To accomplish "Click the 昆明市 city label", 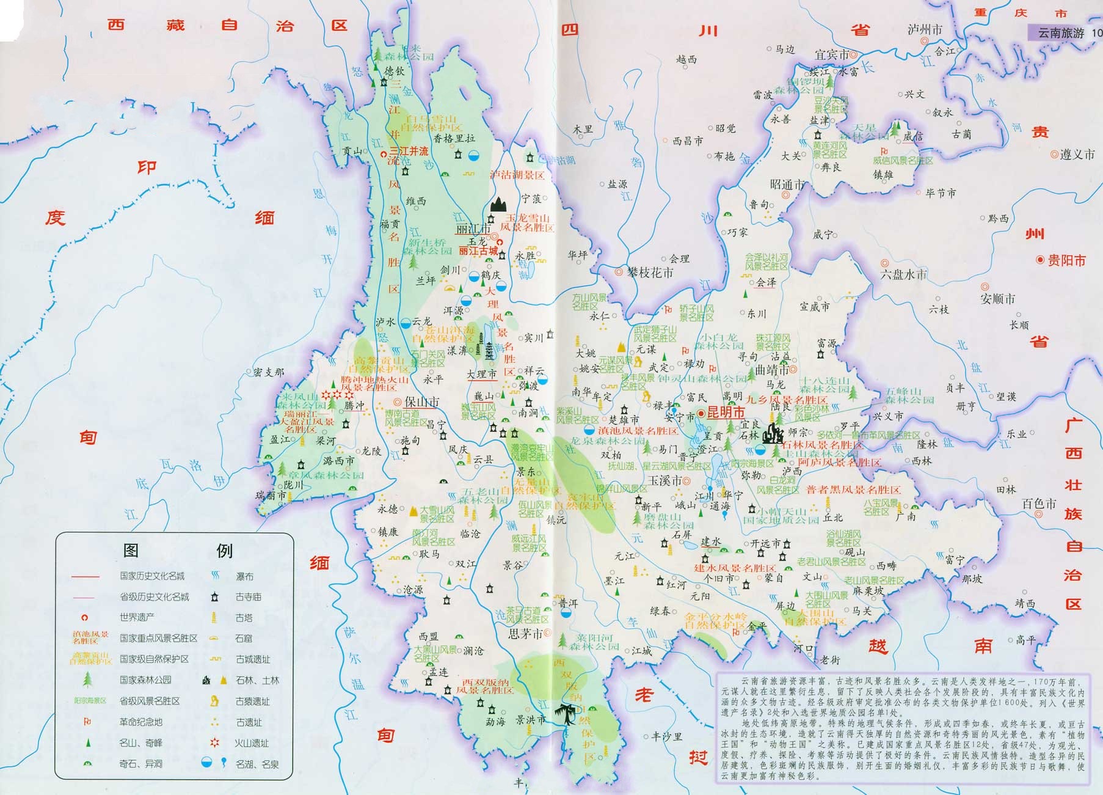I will pyautogui.click(x=726, y=412).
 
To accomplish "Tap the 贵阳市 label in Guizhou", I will pyautogui.click(x=1067, y=260).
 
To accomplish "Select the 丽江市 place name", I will pyautogui.click(x=473, y=229).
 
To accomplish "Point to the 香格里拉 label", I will pyautogui.click(x=454, y=139).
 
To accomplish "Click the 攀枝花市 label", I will pyautogui.click(x=650, y=273).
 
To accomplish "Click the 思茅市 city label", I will pyautogui.click(x=526, y=634).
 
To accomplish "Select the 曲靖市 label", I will pyautogui.click(x=773, y=370).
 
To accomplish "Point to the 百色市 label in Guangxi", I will pyautogui.click(x=1039, y=504).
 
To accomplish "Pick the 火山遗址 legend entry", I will pyautogui.click(x=253, y=743).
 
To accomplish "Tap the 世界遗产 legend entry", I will pyautogui.click(x=137, y=617).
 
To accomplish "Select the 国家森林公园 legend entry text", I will pyautogui.click(x=145, y=680).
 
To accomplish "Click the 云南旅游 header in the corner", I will pyautogui.click(x=1061, y=33).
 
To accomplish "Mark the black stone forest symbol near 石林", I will pyautogui.click(x=775, y=433).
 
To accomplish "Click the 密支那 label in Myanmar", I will pyautogui.click(x=269, y=372).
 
